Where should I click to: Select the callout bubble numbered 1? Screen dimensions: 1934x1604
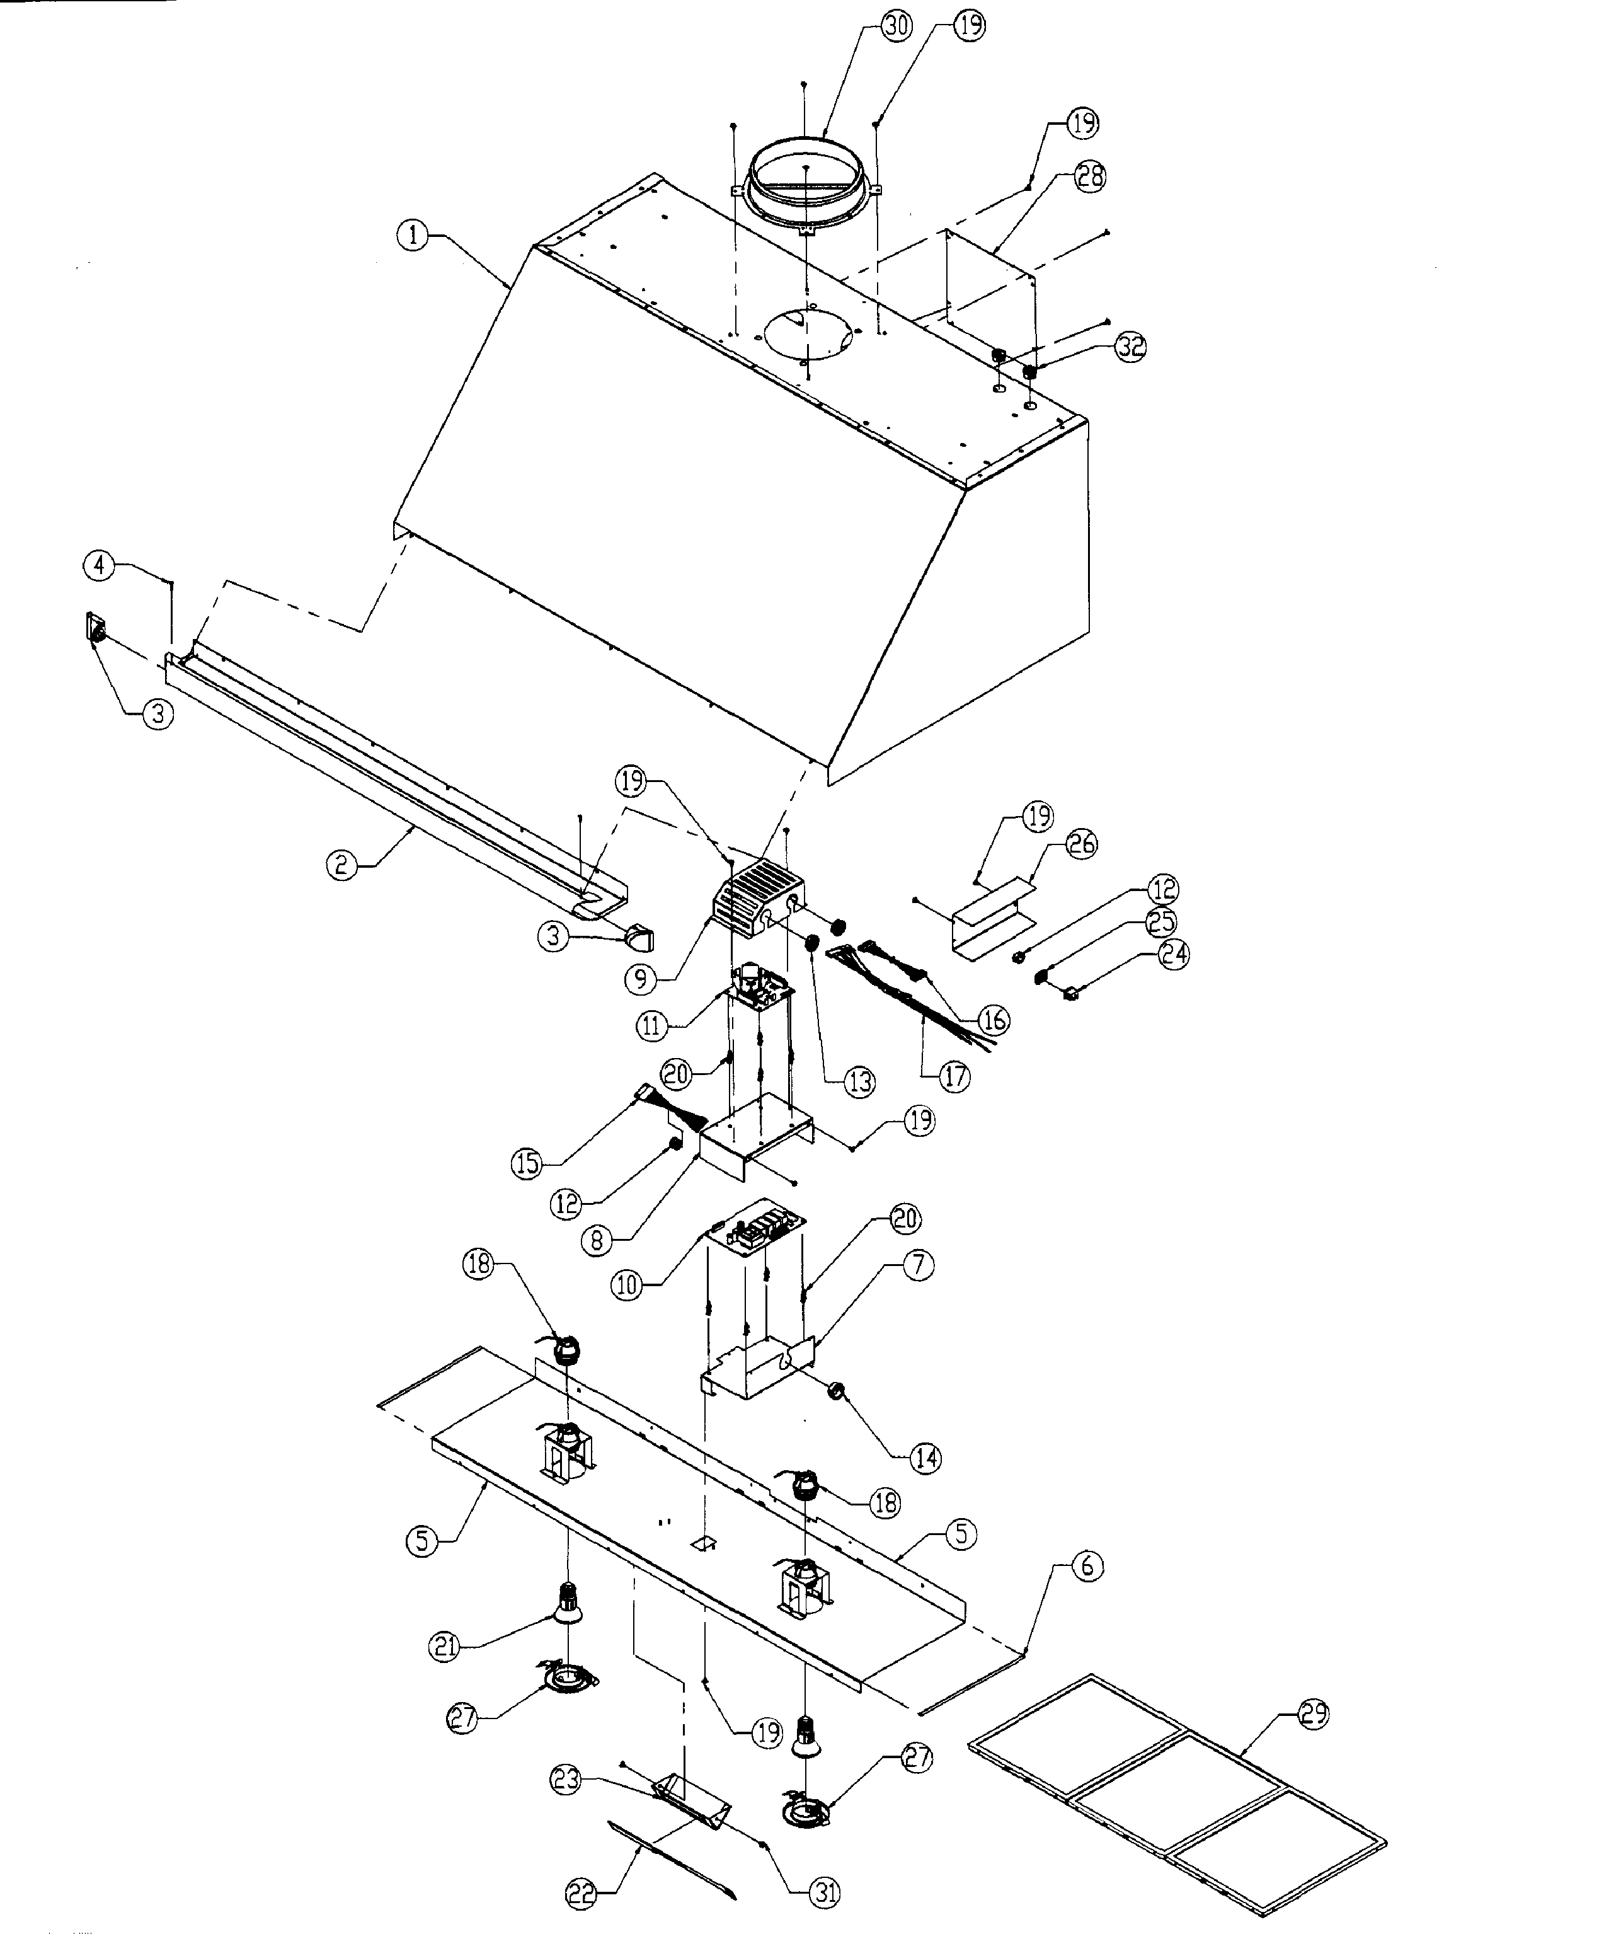pyautogui.click(x=413, y=236)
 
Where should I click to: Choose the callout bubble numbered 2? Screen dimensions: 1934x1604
pyautogui.click(x=341, y=865)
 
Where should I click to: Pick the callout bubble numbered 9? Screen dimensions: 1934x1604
pyautogui.click(x=641, y=979)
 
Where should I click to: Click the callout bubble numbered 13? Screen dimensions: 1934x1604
pyautogui.click(x=858, y=1082)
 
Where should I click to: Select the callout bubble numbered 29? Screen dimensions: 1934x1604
pyautogui.click(x=1314, y=1714)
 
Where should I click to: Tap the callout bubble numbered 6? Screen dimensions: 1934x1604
pyautogui.click(x=1087, y=1565)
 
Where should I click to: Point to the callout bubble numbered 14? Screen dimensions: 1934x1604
pyautogui.click(x=925, y=1458)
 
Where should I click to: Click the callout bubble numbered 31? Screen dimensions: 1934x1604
pyautogui.click(x=824, y=1892)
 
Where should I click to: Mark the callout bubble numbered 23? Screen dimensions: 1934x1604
pyautogui.click(x=566, y=1779)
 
